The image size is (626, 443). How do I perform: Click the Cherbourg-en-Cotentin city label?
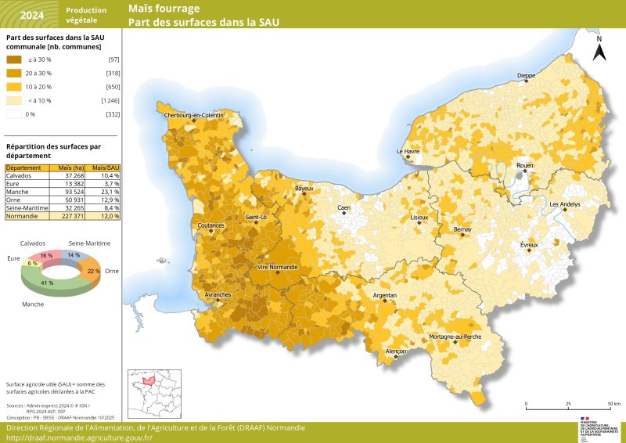tap(193, 116)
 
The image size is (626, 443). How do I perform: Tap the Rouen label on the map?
tap(525, 166)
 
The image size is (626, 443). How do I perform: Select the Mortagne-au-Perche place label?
tap(455, 337)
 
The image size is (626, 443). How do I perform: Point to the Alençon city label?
tap(397, 352)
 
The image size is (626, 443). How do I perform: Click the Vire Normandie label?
tap(278, 267)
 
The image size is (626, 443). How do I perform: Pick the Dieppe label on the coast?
tap(526, 76)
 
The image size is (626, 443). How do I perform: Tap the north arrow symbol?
tap(599, 49)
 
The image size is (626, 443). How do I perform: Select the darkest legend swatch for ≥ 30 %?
tap(15, 59)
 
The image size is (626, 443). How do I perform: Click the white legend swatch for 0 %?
tap(15, 114)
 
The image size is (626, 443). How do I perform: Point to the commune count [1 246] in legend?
tap(110, 100)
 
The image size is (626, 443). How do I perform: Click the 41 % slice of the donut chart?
tap(49, 283)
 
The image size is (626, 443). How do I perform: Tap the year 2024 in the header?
tap(32, 15)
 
